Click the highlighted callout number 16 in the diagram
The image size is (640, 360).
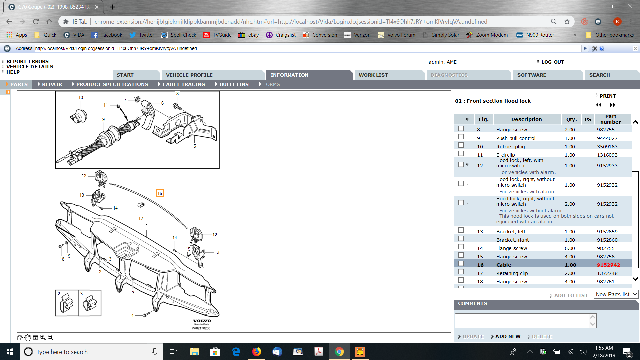tap(160, 193)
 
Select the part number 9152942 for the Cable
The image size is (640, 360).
tap(608, 265)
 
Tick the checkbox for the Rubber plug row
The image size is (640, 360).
tap(461, 145)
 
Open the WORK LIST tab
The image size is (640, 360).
tap(373, 75)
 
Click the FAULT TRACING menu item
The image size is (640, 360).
tap(184, 84)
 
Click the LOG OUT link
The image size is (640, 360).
tap(553, 62)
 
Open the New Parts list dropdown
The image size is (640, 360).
tap(616, 294)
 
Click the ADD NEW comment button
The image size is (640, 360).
tap(508, 336)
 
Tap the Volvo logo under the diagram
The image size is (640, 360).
tap(202, 321)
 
